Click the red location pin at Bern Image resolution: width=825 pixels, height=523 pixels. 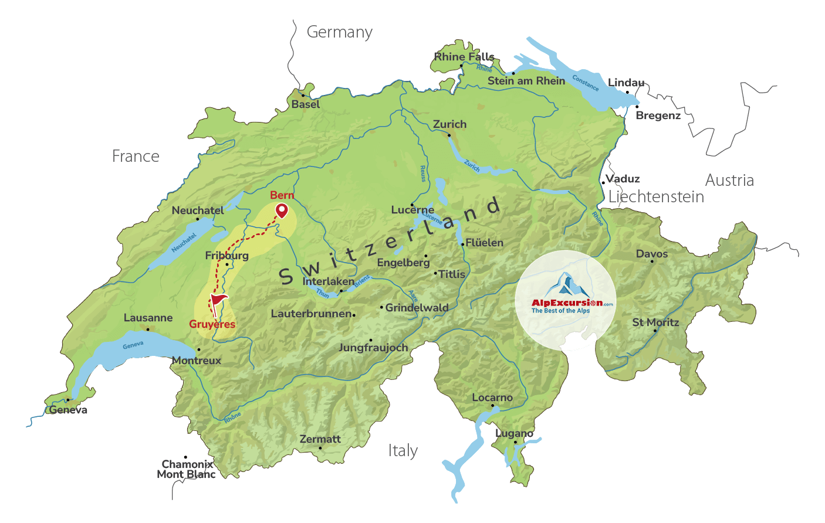click(x=282, y=210)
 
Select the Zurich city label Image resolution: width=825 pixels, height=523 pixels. click(x=449, y=124)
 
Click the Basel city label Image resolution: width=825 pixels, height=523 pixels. click(x=306, y=104)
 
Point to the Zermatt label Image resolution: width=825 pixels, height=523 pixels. click(x=320, y=439)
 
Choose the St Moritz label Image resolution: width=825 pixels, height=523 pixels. click(x=655, y=322)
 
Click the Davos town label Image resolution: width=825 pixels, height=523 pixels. click(x=652, y=254)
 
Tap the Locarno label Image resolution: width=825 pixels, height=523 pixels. click(x=492, y=398)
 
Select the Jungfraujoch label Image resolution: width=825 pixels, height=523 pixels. click(x=373, y=348)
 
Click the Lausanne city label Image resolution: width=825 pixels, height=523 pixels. click(x=148, y=318)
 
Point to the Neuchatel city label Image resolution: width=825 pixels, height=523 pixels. click(x=198, y=210)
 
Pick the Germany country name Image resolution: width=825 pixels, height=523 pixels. click(x=340, y=32)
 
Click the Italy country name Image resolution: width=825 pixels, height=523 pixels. click(x=403, y=450)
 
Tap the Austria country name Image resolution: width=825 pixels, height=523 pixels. click(x=729, y=180)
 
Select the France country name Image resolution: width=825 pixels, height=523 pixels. click(x=136, y=157)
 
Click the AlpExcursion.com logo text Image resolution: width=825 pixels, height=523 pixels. click(x=567, y=303)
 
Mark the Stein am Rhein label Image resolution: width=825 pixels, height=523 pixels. click(x=526, y=81)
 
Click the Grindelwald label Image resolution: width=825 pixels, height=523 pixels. click(x=417, y=308)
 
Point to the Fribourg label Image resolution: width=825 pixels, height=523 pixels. click(x=226, y=256)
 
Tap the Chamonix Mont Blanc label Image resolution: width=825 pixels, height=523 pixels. click(x=187, y=469)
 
